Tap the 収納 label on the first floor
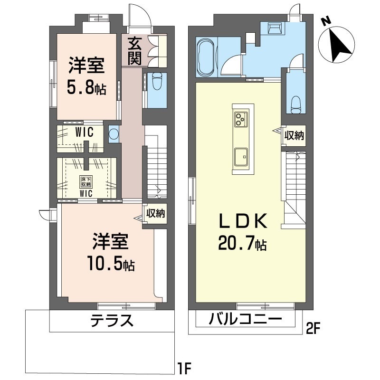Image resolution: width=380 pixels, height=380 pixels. pyautogui.click(x=155, y=213)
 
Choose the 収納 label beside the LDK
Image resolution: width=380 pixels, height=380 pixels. pyautogui.click(x=294, y=135)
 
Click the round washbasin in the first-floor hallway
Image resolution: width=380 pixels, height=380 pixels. pyautogui.click(x=114, y=133)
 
